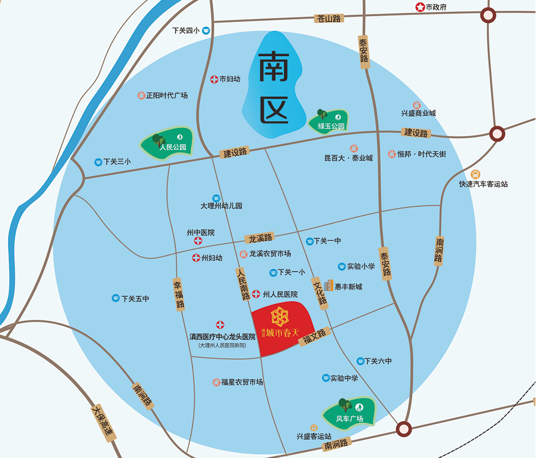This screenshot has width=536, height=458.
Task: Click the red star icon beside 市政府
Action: click(420, 7)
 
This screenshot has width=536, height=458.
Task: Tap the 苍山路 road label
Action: click(328, 18)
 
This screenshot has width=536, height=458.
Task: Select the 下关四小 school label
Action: click(186, 31)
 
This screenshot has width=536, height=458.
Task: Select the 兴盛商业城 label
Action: click(418, 113)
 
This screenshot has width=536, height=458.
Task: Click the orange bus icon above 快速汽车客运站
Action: click(475, 174)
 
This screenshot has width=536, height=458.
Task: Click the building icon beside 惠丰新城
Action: click(328, 286)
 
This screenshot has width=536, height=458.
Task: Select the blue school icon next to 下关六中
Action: click(361, 361)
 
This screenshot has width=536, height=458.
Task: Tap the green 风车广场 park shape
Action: click(349, 412)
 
